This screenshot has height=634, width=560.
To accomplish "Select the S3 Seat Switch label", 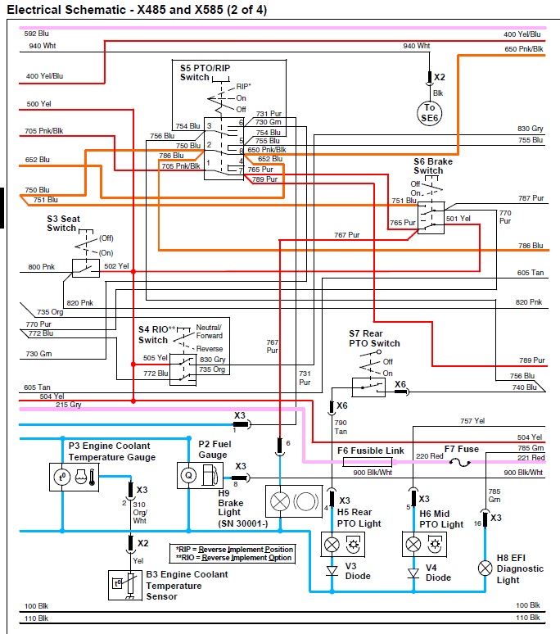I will click(61, 223).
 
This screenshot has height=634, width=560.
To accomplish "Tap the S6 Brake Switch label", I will click(434, 166).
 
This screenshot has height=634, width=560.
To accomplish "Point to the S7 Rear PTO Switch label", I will click(374, 338).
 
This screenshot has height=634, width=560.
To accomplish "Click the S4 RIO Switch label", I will click(153, 334).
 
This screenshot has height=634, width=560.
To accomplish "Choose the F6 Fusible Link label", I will click(371, 451).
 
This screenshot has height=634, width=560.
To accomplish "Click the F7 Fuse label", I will click(461, 449).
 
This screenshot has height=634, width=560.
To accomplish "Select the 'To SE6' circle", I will click(429, 113).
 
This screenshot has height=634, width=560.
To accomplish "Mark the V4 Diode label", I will click(438, 572).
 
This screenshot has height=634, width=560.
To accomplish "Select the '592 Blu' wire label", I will click(38, 34).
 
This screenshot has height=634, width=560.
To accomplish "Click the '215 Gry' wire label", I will click(68, 405).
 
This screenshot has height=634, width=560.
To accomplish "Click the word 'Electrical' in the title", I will click(35, 10).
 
